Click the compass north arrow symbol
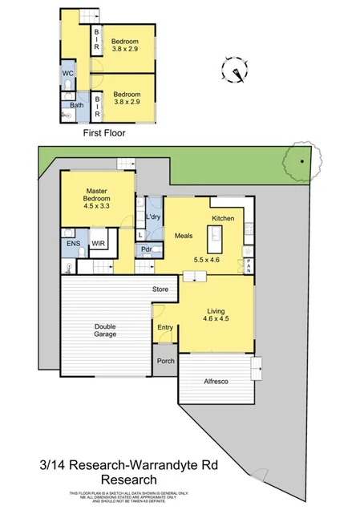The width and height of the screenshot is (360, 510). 237,75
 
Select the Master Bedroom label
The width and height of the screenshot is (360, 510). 99,196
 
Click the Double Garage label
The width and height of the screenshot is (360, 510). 105,330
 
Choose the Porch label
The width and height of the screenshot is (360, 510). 165,362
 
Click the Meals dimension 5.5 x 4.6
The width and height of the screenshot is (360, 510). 207,260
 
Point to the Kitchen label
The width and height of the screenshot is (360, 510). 222,218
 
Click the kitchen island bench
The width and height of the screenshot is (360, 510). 214,238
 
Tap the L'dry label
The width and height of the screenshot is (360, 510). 154,217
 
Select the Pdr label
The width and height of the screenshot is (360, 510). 148,249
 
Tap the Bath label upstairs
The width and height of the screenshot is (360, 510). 76,105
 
